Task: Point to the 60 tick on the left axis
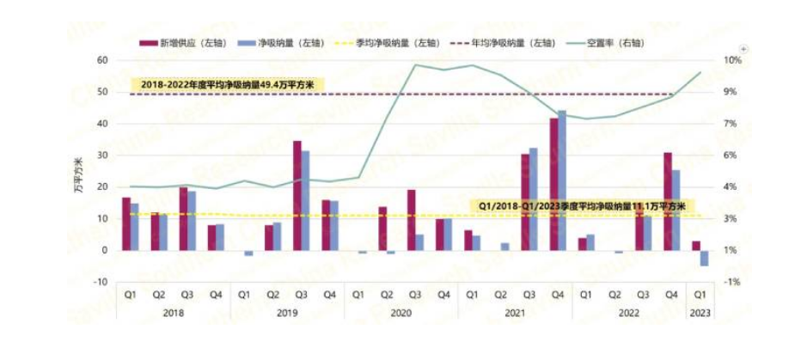102,60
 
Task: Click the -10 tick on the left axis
101,282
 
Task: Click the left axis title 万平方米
81,171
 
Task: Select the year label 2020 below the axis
400,314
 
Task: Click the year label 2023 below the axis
701,314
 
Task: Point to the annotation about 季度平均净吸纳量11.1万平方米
581,206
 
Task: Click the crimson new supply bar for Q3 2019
297,196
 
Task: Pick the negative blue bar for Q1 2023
705,258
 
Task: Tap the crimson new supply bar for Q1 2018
125,223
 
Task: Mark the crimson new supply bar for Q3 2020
412,220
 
